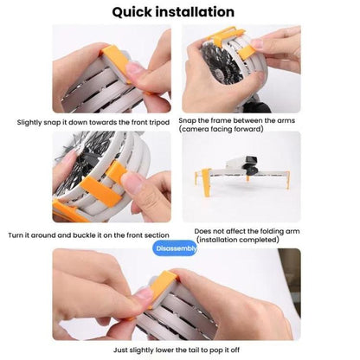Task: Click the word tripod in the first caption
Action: click(157, 122)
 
